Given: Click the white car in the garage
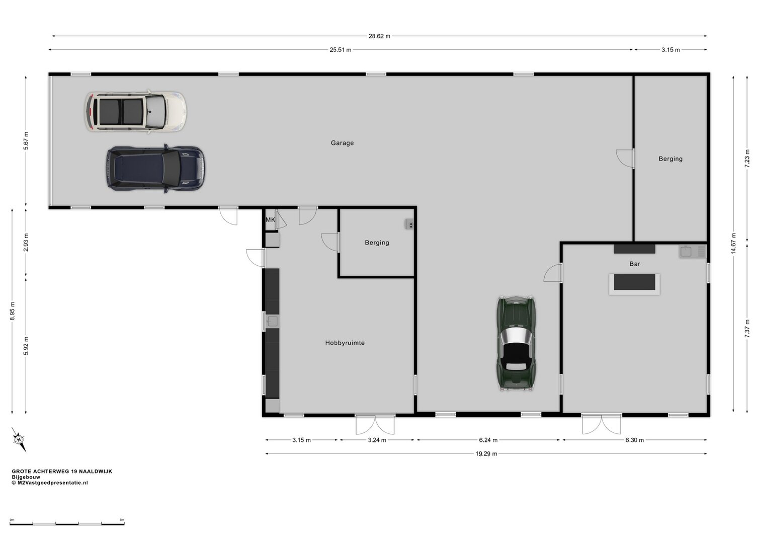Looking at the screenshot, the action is [135, 112].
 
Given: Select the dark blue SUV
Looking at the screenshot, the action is [155, 169].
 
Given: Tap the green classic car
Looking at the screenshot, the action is [516, 343].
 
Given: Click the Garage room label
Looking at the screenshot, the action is [342, 143].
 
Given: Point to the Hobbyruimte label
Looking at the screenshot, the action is [345, 343].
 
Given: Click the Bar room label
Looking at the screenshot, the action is [635, 264].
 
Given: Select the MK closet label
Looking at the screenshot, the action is [271, 219].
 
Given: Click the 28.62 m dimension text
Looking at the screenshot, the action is [379, 36].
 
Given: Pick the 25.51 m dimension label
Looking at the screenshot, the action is [340, 50].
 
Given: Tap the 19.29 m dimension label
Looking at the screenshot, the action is [486, 454].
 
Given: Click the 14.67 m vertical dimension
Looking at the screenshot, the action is [733, 243].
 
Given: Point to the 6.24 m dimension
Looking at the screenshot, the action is [488, 440].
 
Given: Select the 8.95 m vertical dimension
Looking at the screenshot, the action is [13, 311].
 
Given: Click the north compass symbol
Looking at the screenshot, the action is [19, 439].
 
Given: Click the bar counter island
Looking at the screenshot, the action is [634, 284].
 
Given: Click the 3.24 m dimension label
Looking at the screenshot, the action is [377, 440].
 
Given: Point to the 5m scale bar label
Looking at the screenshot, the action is [122, 520].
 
